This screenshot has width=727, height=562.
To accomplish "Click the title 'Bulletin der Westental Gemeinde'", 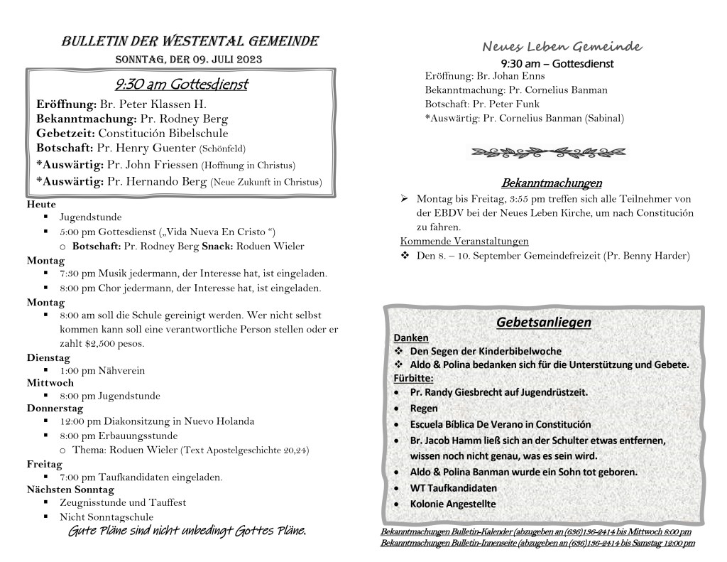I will tap(190, 41).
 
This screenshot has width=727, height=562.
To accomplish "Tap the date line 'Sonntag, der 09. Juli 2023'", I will tap(190, 59).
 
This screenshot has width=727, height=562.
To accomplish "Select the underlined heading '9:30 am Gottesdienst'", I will tap(181, 85).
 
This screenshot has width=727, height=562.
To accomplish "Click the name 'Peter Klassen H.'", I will tap(142, 104).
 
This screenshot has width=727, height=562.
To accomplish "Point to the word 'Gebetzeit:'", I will tap(65, 133).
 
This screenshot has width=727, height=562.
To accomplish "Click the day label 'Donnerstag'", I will tap(55, 409).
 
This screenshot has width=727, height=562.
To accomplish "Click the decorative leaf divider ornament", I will tap(549, 151).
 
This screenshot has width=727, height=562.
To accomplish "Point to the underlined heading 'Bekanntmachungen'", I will tap(551, 183).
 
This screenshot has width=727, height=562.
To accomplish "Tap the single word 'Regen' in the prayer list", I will tap(424, 409).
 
